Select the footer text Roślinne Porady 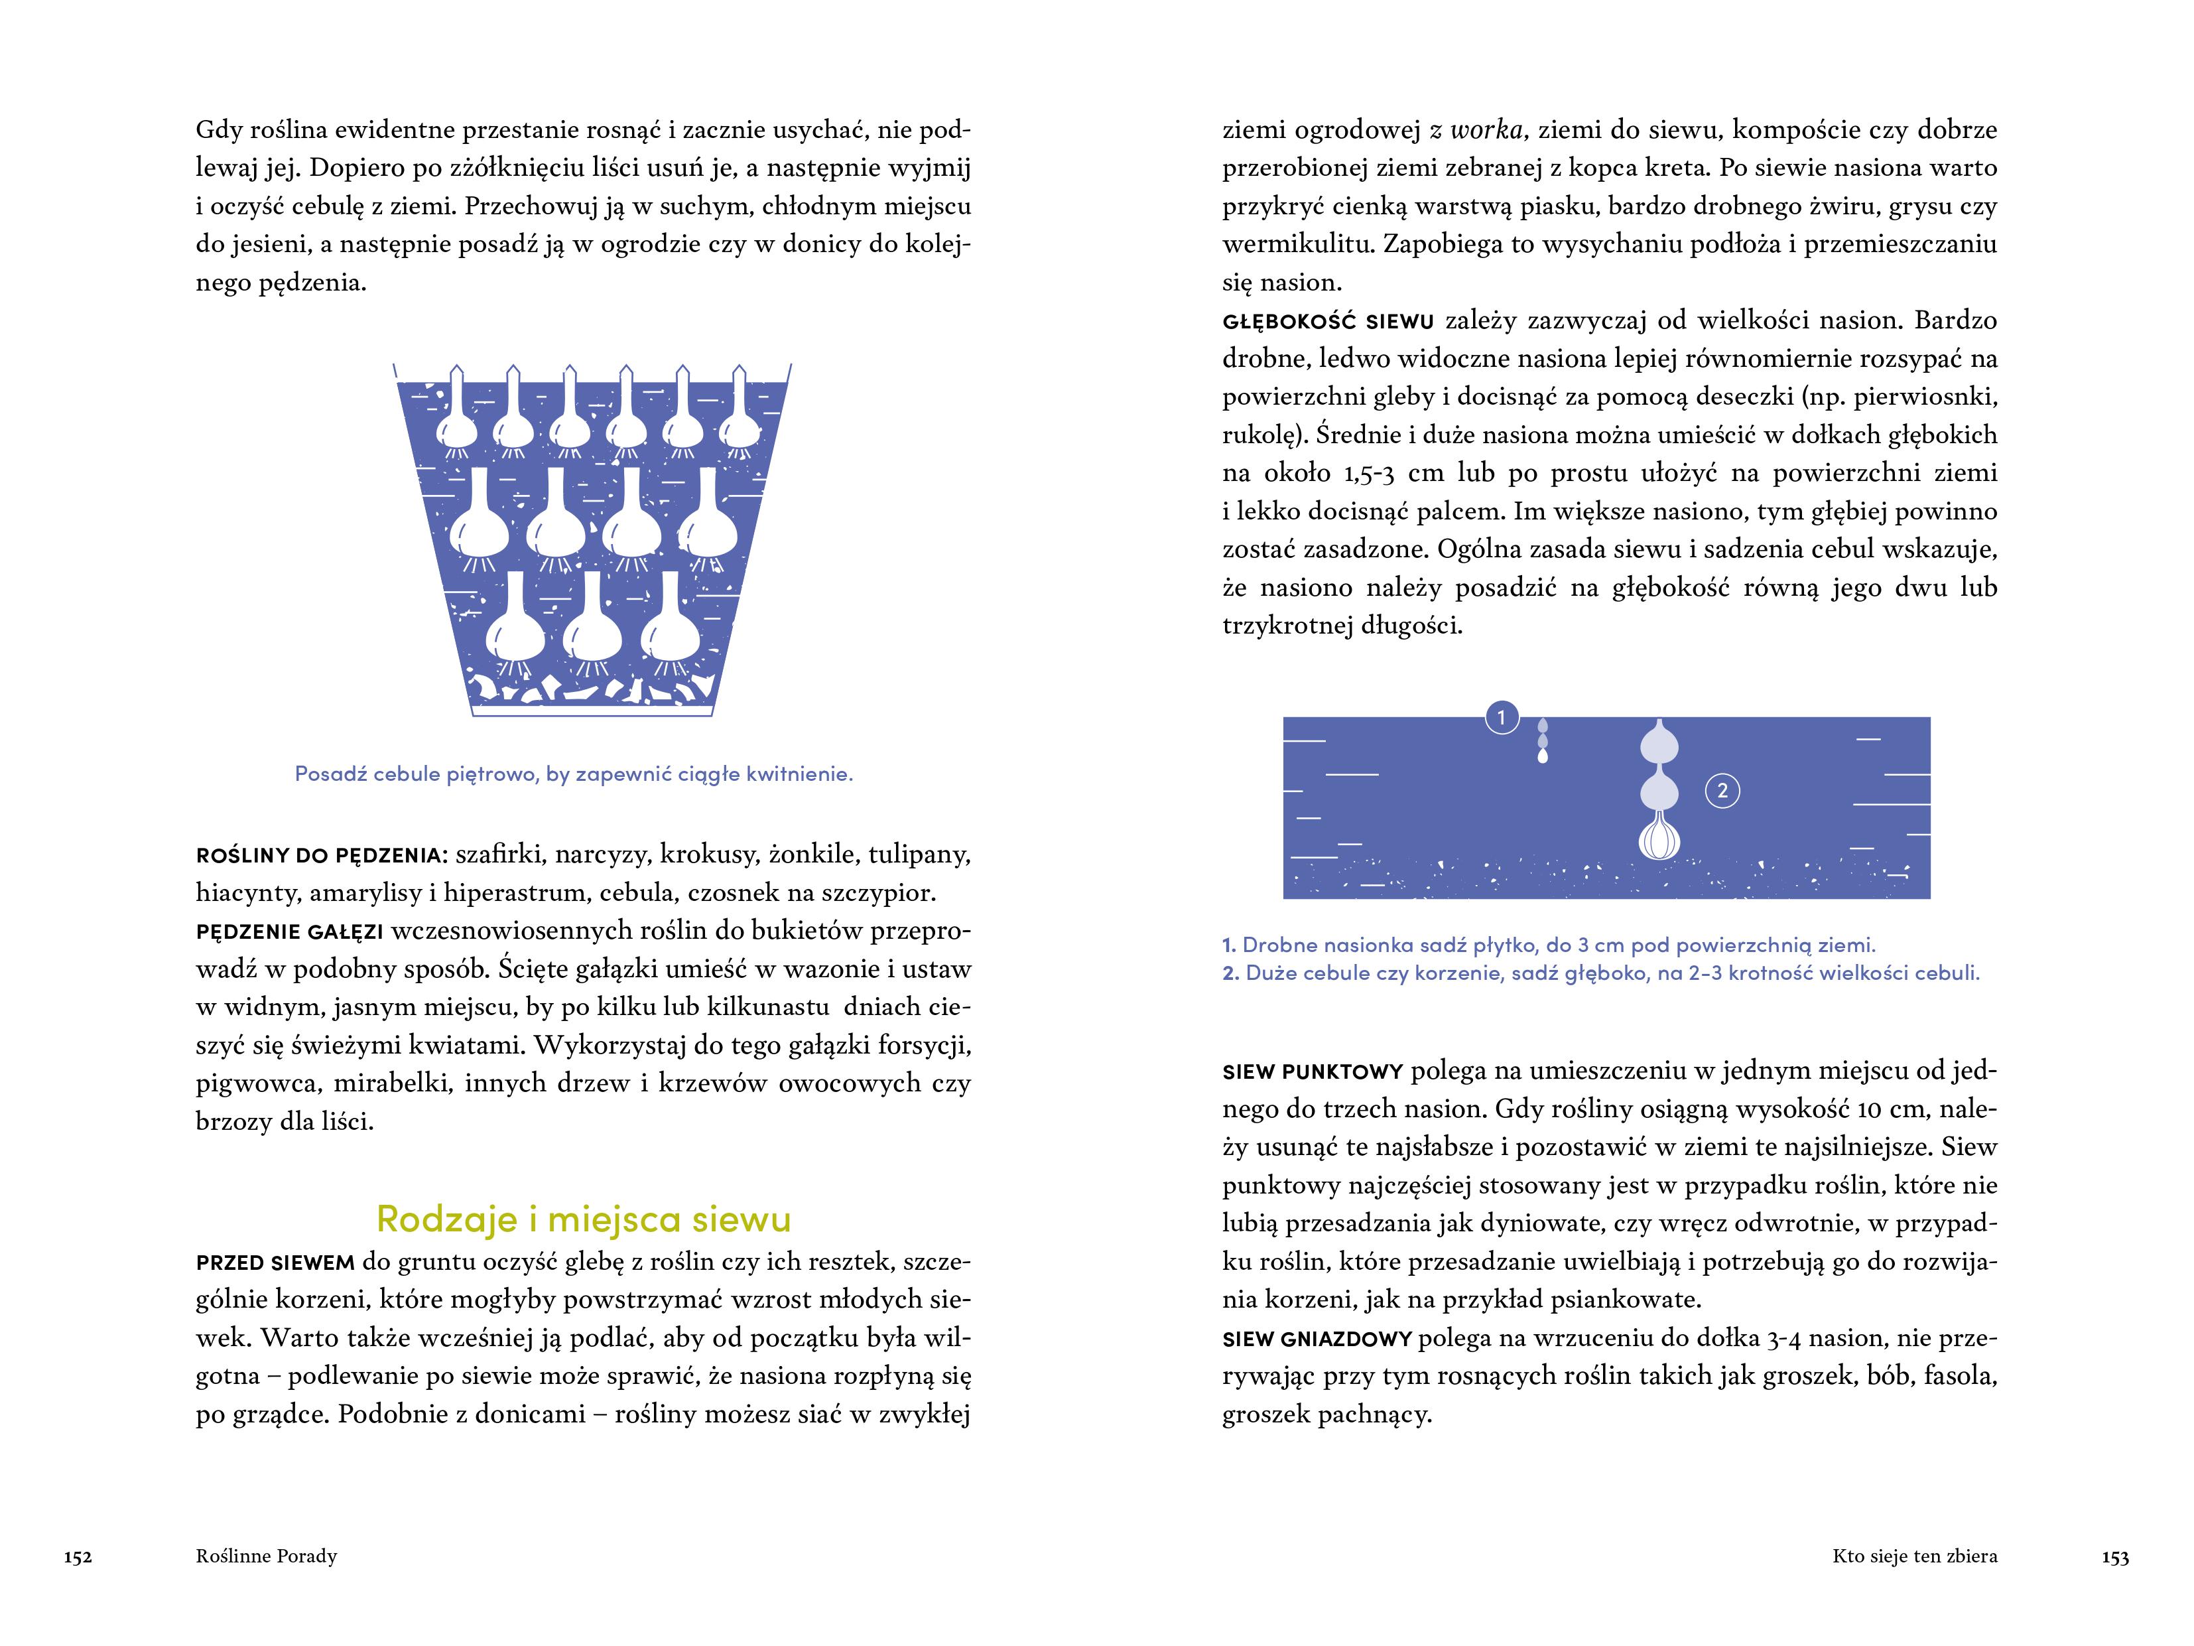[266, 1556]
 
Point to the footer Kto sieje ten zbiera [1914, 1556]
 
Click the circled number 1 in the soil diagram [1502, 717]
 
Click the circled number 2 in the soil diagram [1722, 791]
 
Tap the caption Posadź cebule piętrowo [573, 774]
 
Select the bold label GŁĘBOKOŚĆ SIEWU [1328, 322]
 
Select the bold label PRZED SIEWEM [275, 1263]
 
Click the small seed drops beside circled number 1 [1542, 740]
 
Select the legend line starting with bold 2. [1601, 973]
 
